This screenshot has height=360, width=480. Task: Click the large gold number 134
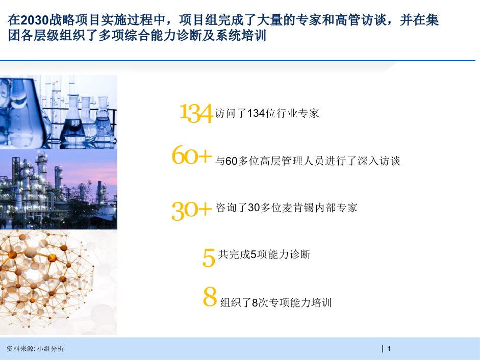(196, 113)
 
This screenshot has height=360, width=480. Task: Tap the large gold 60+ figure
(192, 155)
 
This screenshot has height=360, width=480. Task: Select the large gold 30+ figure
(192, 210)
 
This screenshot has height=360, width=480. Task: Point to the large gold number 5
(209, 258)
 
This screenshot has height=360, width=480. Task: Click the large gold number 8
(210, 296)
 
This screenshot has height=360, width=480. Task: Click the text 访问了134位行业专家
(267, 113)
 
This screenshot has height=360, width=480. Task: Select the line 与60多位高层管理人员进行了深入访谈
(308, 161)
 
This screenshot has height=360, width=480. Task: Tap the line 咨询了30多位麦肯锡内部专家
(287, 208)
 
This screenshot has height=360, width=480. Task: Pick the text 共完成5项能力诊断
(264, 254)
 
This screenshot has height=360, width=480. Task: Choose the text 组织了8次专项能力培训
(276, 302)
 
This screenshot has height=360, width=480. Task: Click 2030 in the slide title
(35, 20)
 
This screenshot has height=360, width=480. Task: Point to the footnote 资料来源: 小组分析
(35, 348)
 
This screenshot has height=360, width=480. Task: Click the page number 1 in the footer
(389, 348)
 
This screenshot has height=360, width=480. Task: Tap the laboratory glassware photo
(59, 112)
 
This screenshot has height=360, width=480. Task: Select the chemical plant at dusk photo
(59, 189)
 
